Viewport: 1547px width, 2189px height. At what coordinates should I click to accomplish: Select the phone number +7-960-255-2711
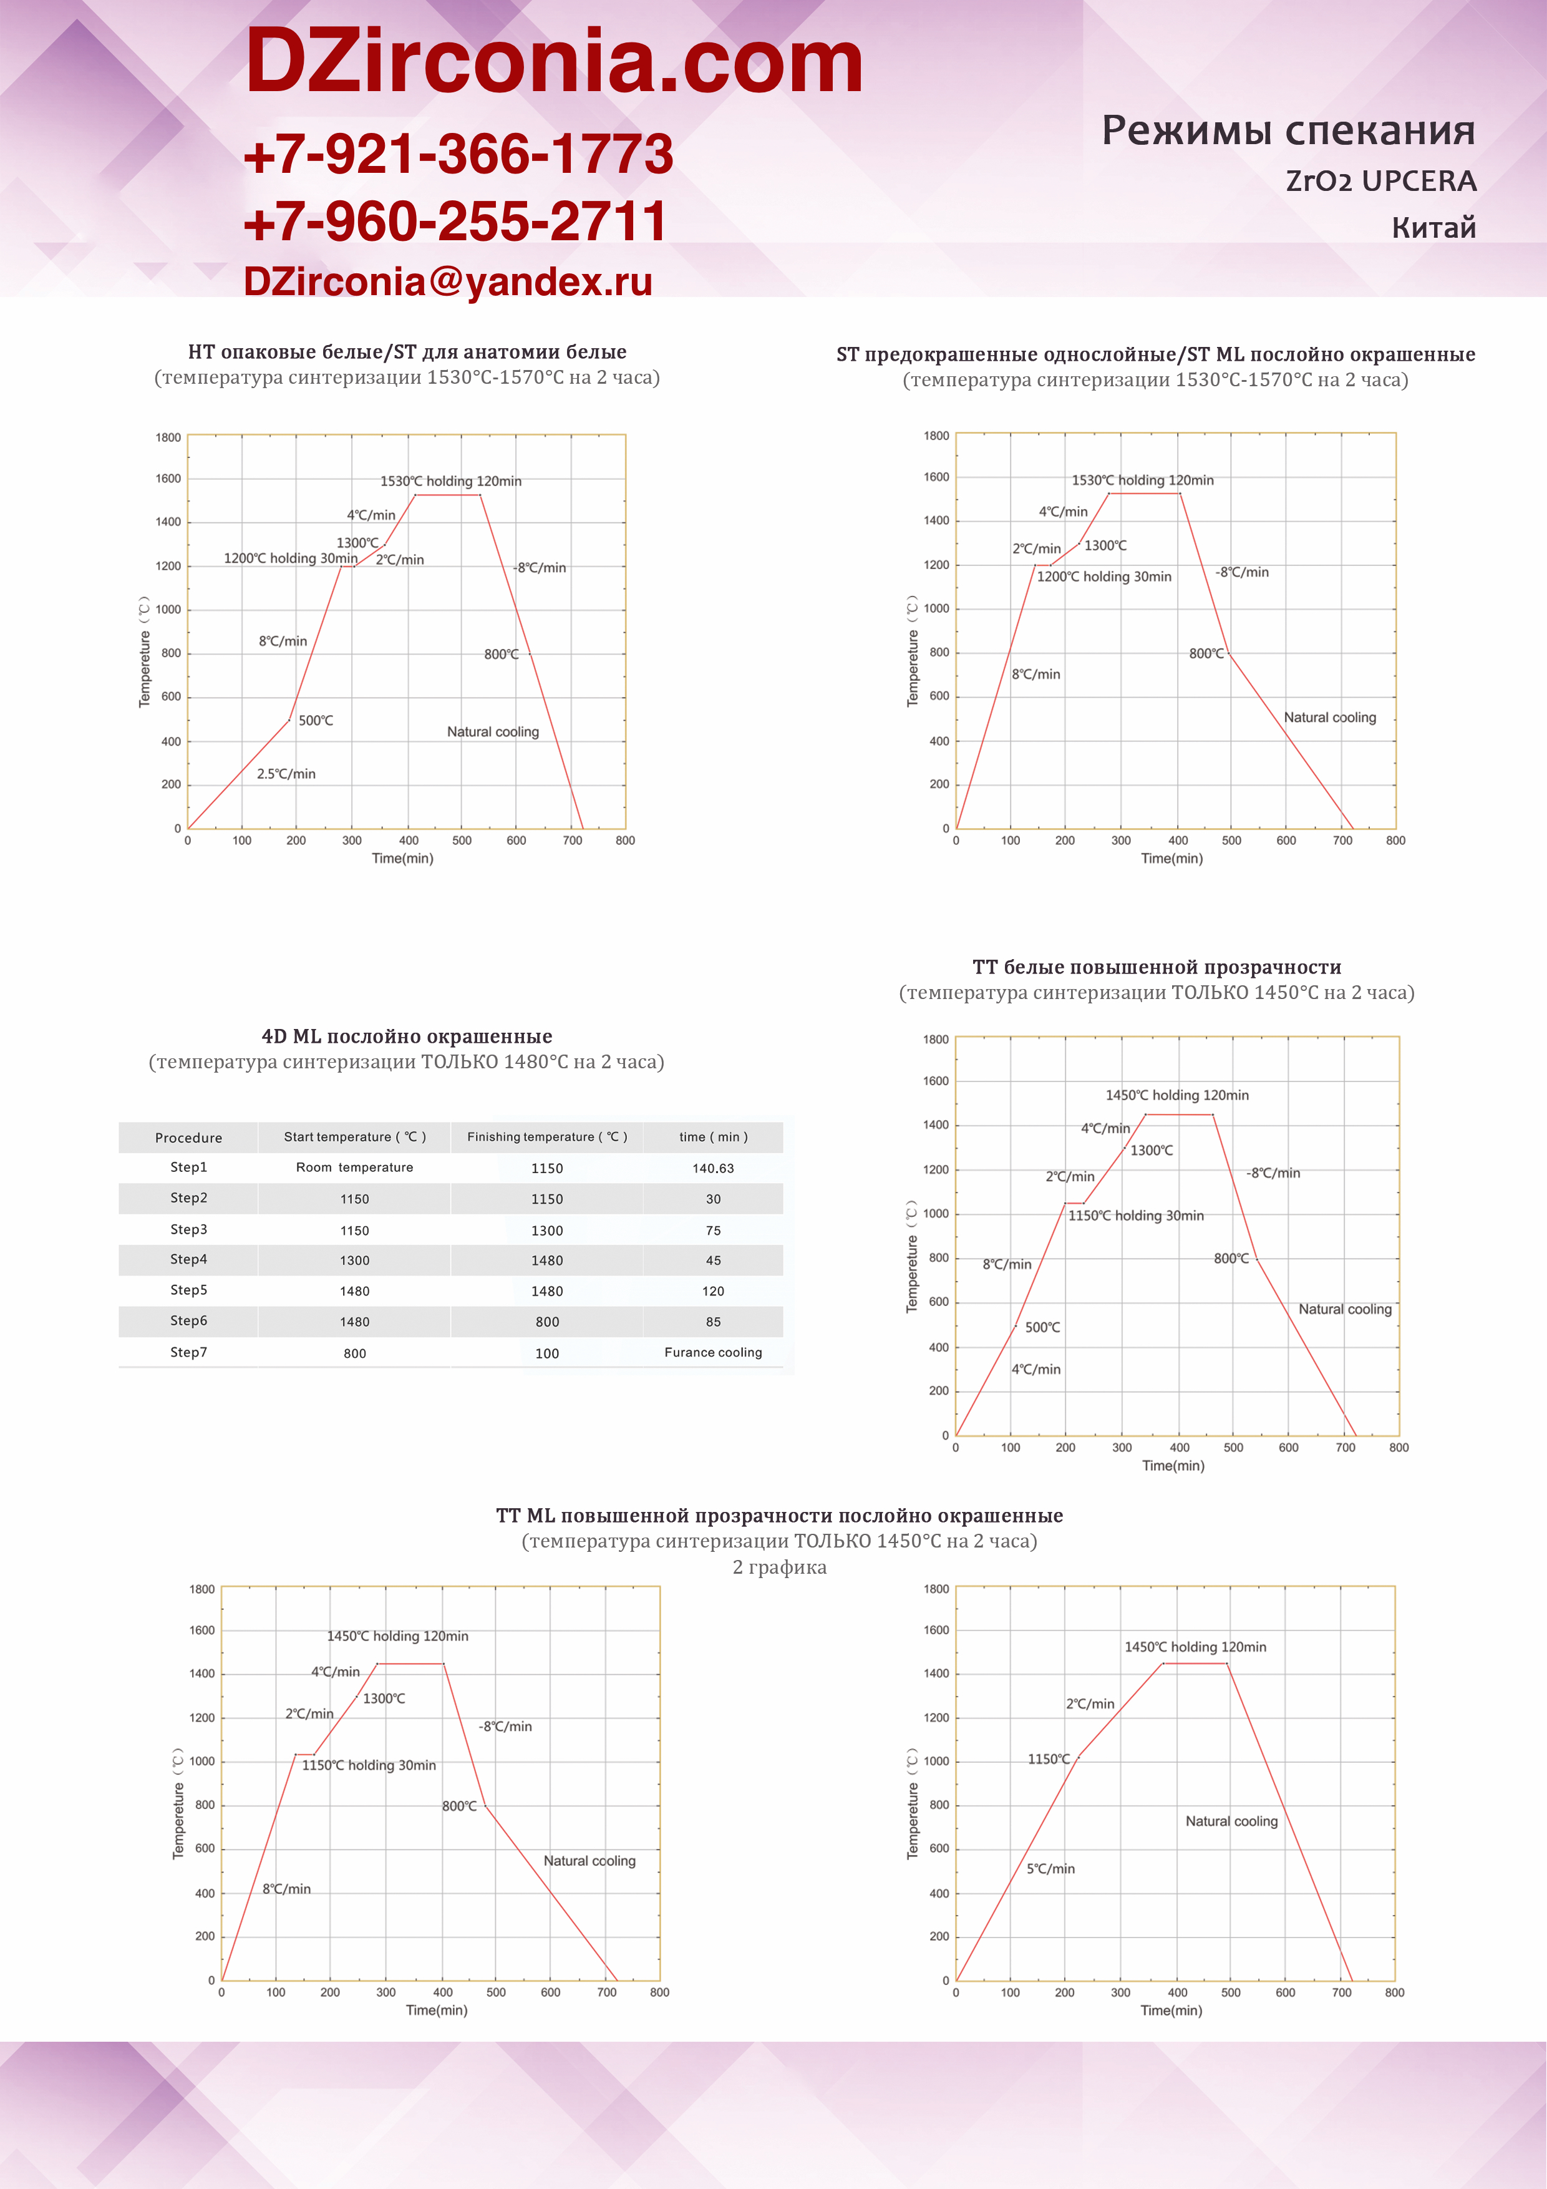[455, 220]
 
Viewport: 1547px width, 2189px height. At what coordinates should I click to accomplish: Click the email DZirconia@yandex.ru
[448, 281]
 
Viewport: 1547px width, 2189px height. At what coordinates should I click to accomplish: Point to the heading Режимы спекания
[1288, 130]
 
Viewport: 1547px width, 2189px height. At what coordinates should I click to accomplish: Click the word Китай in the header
[1433, 228]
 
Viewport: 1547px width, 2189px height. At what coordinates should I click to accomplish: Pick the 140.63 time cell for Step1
[713, 1168]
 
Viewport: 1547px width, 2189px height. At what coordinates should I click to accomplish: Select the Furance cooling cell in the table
[713, 1352]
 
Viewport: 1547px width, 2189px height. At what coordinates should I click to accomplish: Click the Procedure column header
[189, 1138]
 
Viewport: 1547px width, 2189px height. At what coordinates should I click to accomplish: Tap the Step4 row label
[189, 1259]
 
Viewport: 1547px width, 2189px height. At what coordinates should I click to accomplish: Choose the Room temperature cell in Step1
[354, 1167]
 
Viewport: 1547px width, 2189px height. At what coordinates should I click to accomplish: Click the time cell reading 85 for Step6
[713, 1322]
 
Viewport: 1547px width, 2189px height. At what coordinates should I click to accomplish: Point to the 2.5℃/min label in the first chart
[286, 773]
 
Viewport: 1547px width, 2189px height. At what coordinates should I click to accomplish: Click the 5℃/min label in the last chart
[1050, 1869]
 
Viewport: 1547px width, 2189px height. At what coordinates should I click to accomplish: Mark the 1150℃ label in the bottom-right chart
[1049, 1759]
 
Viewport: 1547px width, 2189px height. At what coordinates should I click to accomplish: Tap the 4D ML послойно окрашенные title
[407, 1036]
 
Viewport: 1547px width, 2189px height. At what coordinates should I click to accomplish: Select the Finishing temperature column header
[547, 1136]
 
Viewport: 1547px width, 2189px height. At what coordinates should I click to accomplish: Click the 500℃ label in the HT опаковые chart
[316, 721]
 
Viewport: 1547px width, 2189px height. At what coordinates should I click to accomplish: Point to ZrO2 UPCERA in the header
[1380, 181]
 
